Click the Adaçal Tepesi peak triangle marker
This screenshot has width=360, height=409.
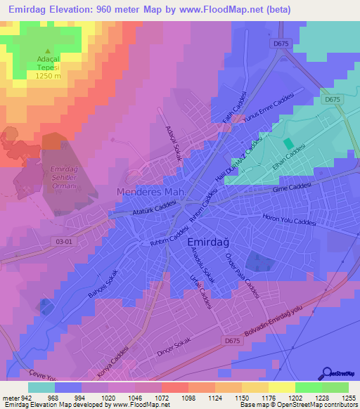coord(48,51)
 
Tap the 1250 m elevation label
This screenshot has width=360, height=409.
coord(48,76)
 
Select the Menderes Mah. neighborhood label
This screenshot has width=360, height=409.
coord(150,192)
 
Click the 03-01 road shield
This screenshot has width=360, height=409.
coord(64,241)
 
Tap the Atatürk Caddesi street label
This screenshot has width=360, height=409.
coord(153,208)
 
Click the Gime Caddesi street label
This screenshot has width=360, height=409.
coord(291,186)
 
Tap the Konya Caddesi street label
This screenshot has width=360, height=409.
coord(113,361)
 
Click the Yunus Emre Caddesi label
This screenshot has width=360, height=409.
coord(266,110)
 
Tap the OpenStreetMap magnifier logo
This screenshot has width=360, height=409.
coord(327,374)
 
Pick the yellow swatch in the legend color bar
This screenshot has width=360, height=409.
coord(281,387)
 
